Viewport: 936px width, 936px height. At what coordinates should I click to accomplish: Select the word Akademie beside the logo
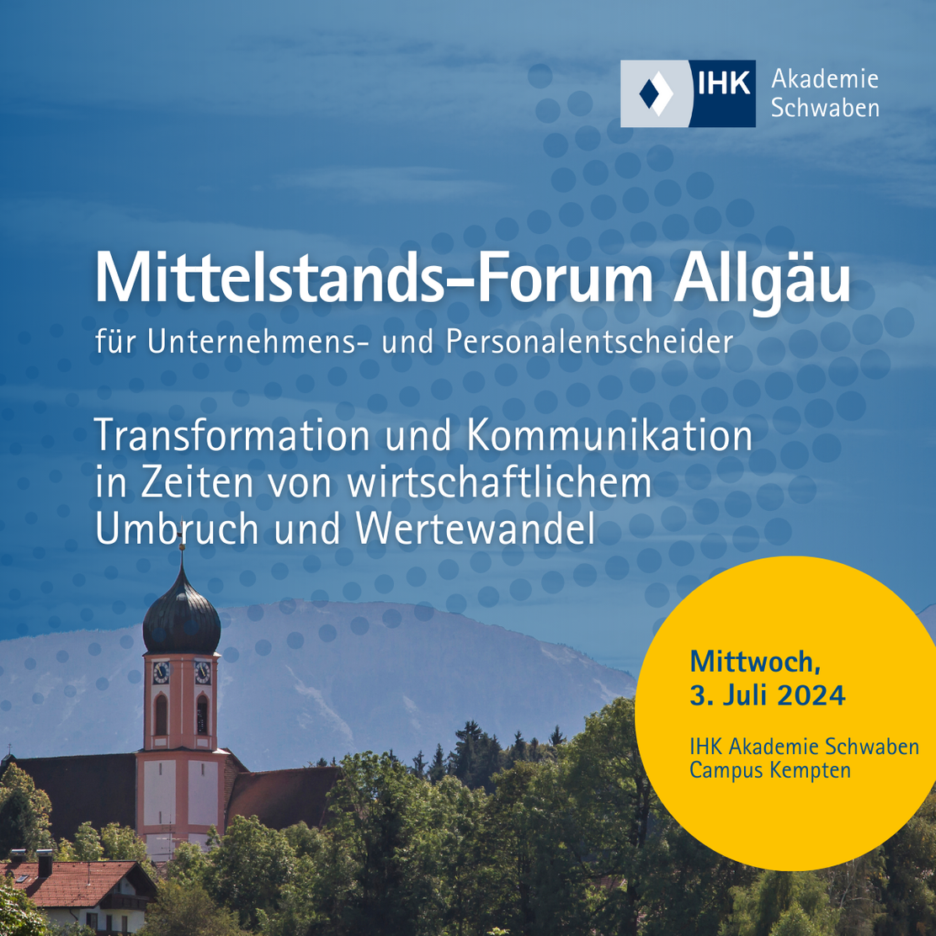[824, 80]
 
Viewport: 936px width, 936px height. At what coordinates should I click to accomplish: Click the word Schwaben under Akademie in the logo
[825, 109]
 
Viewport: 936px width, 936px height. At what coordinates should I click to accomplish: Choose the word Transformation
[231, 437]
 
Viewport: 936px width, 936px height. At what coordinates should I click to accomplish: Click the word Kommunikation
[608, 437]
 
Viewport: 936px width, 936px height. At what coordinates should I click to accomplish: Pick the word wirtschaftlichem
[500, 484]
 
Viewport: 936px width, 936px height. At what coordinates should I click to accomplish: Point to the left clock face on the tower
[161, 672]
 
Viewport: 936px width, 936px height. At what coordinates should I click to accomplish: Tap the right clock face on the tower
[203, 672]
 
